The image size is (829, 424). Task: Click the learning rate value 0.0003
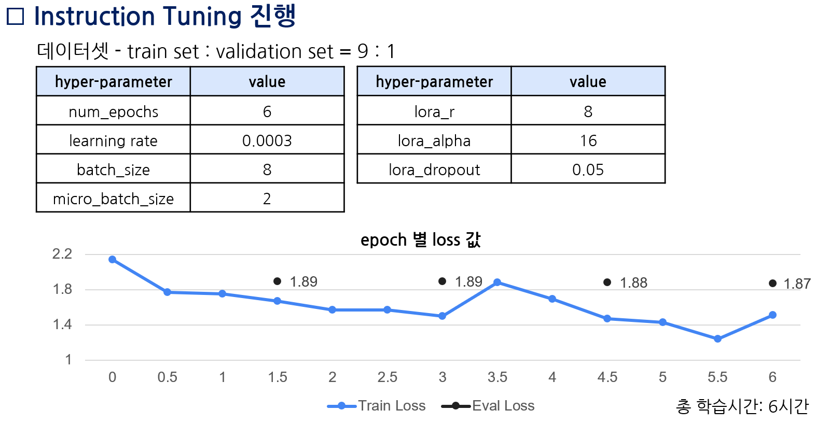(x=267, y=140)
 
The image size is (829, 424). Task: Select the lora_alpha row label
(x=434, y=140)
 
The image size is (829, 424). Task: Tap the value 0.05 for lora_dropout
(x=588, y=169)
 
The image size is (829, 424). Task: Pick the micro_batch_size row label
(x=113, y=199)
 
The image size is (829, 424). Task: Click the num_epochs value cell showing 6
(x=267, y=111)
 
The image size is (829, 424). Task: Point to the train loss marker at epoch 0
(x=112, y=259)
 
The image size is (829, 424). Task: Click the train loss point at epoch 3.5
(x=497, y=282)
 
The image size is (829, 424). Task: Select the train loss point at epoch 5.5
(x=717, y=338)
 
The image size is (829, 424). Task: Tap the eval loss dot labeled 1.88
(x=607, y=282)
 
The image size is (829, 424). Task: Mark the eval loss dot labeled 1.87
(x=772, y=284)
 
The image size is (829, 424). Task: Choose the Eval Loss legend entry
(x=488, y=405)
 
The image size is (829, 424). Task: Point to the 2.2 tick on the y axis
(x=62, y=254)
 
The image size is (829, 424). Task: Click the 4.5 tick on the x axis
(x=607, y=377)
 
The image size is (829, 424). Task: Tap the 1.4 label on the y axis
(x=62, y=324)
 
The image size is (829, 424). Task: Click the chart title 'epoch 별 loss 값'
(x=420, y=239)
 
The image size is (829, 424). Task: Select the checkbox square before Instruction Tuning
(x=15, y=17)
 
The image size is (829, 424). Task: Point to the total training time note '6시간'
(x=788, y=406)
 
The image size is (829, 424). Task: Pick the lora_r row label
(x=434, y=111)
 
